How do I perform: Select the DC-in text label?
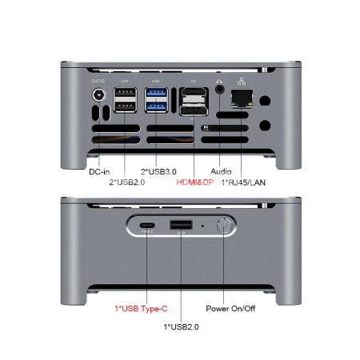click(x=98, y=170)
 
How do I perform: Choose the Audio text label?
click(x=221, y=171)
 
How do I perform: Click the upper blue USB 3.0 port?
click(x=157, y=94)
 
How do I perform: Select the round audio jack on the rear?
click(x=221, y=91)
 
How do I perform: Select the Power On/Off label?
click(x=230, y=308)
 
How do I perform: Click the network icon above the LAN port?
click(x=241, y=80)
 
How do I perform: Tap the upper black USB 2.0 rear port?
click(x=125, y=94)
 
